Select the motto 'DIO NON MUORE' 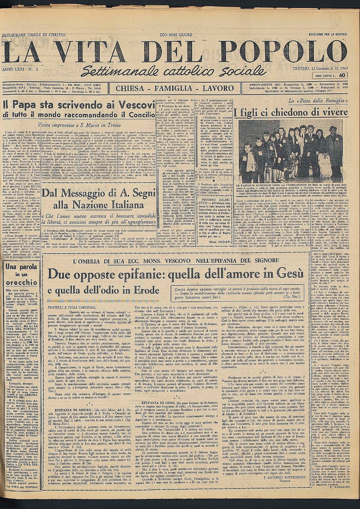(176, 34)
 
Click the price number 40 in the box (342, 75)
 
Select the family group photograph (291, 151)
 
